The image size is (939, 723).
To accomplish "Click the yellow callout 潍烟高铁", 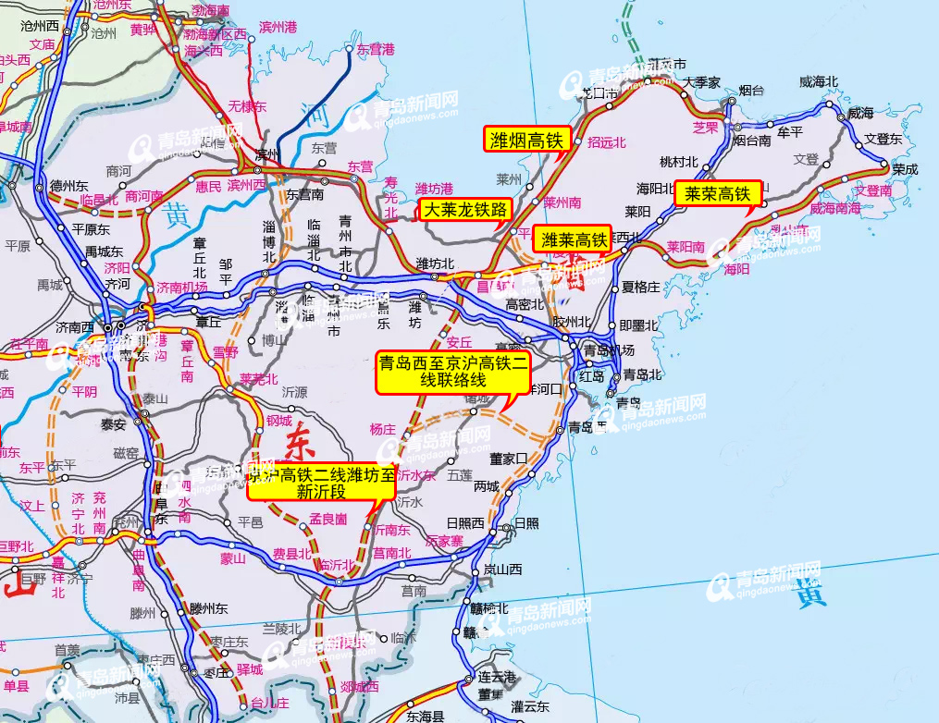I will (x=526, y=141).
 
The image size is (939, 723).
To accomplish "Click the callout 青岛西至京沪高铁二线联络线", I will (x=453, y=372).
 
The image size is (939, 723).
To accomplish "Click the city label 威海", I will (x=860, y=113).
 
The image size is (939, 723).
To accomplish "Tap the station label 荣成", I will (x=906, y=170).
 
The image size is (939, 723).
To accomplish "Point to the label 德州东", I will (x=67, y=184).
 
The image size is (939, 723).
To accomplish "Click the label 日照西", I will (x=465, y=523).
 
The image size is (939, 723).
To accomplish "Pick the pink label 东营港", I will (x=376, y=49).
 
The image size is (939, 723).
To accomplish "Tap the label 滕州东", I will (x=208, y=608).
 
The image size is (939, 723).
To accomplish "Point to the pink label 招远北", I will (x=607, y=142).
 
